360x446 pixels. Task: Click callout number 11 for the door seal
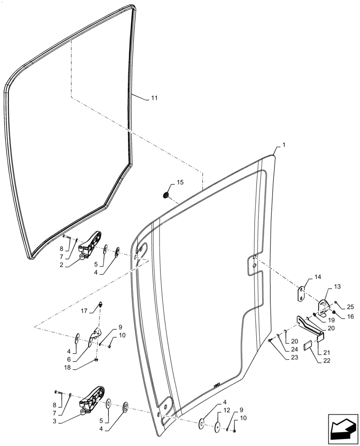154,98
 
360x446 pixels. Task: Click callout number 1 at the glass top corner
284,146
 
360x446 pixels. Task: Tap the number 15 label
180,182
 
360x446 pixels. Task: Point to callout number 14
318,277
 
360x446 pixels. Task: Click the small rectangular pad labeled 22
308,346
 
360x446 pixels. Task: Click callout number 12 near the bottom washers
228,410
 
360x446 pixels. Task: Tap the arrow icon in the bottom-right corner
343,429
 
